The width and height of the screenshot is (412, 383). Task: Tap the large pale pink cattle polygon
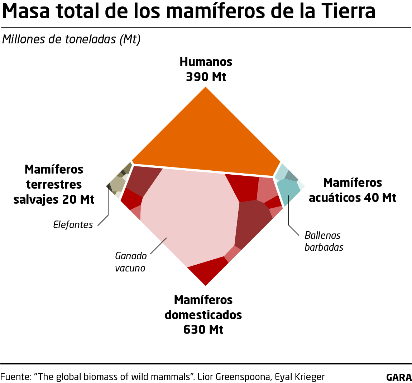tap(186, 212)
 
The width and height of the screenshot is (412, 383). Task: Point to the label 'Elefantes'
tap(73, 225)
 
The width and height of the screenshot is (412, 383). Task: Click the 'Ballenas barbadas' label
tap(324, 241)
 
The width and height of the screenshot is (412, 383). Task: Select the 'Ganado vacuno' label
tap(131, 262)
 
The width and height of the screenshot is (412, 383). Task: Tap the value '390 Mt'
tap(206, 77)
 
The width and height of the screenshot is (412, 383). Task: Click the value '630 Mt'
tap(203, 329)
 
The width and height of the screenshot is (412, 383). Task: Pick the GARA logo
tap(399, 377)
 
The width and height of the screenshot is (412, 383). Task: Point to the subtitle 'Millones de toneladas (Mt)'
tap(71, 39)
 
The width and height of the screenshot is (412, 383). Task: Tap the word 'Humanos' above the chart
tap(206, 62)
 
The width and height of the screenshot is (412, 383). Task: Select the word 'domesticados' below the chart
tap(203, 315)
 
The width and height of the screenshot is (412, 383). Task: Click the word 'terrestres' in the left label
tap(54, 184)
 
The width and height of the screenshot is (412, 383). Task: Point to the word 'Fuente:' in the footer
tap(16, 377)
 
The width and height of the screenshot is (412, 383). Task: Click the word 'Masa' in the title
tap(25, 11)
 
